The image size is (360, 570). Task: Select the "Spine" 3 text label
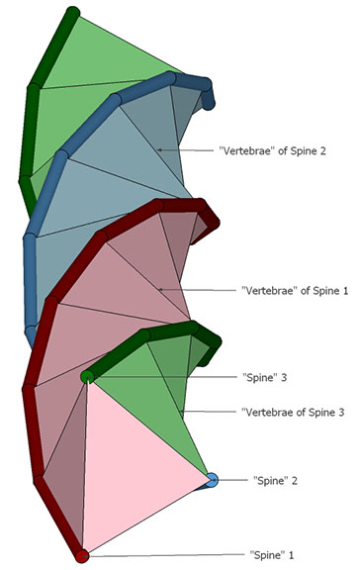pos(264,377)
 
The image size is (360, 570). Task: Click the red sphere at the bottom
pos(82,555)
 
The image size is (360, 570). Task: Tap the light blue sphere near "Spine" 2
pos(212,480)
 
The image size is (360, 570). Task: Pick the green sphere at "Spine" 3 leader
pos(87,376)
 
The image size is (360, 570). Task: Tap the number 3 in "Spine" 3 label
pos(283,377)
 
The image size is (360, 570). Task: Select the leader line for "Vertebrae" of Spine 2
pos(188,150)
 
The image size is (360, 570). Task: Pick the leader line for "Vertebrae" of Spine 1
pos(198,290)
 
